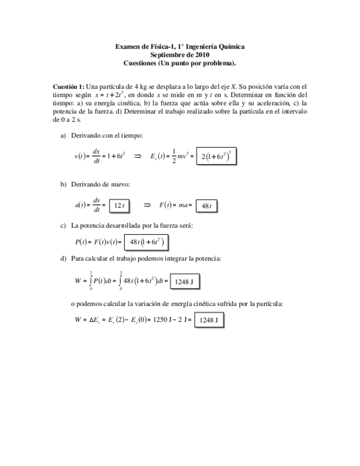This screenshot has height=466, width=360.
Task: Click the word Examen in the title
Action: click(128, 47)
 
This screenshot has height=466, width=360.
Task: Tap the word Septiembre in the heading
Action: click(168, 55)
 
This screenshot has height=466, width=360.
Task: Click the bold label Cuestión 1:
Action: click(68, 87)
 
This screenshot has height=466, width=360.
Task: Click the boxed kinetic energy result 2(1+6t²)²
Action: click(216, 157)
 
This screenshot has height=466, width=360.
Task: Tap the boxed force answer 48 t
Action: click(207, 206)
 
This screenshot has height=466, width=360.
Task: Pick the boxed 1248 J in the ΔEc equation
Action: click(208, 320)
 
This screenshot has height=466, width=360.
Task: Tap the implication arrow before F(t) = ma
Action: click(147, 205)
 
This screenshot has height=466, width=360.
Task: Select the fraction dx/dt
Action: click(96, 156)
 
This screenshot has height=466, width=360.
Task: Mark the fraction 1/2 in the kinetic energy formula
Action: click(174, 156)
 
